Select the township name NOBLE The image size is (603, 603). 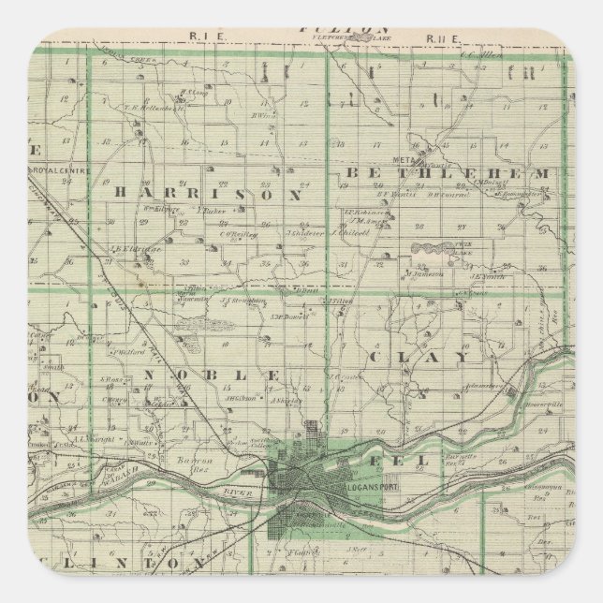coord(212,374)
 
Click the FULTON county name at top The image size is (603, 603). coord(330,29)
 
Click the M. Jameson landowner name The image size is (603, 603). coord(423,274)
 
